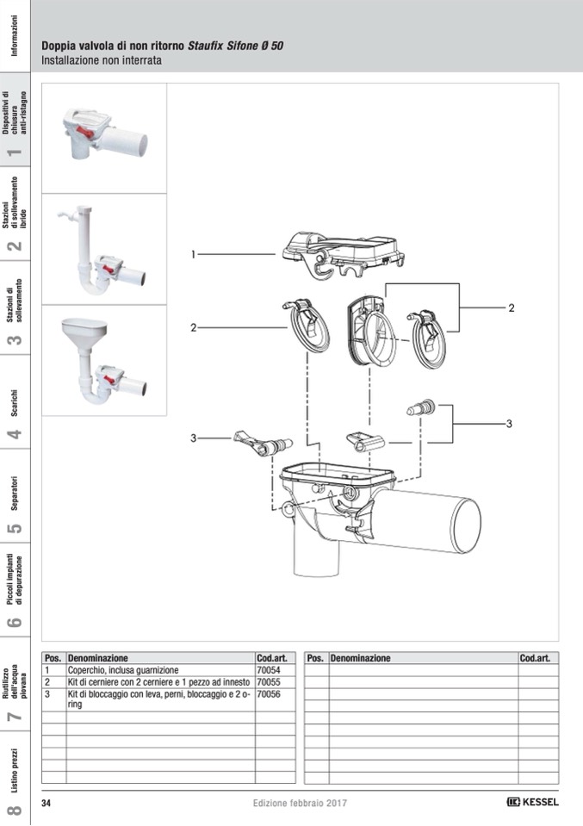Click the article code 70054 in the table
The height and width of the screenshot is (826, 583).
[x=269, y=669]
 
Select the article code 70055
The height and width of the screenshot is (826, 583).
[x=269, y=681]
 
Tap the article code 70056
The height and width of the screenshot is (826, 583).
[x=269, y=693]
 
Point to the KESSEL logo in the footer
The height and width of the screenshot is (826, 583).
[x=532, y=803]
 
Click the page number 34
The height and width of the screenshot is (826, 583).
[x=47, y=803]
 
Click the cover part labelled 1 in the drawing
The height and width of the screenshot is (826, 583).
[x=344, y=248]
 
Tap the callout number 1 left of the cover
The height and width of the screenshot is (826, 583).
[x=195, y=254]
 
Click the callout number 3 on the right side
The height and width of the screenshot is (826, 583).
[x=509, y=424]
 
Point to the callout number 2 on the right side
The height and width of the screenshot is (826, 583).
[x=511, y=307]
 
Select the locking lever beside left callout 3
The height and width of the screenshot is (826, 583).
[x=261, y=444]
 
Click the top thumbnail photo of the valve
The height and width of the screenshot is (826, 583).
[x=103, y=138]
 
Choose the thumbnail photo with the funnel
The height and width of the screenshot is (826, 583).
[x=103, y=360]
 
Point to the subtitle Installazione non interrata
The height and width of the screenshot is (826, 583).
[x=102, y=61]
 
